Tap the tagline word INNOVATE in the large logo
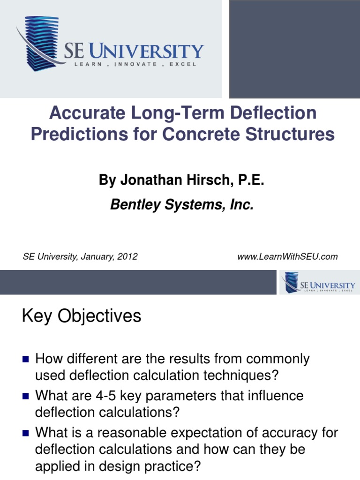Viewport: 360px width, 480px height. [136, 64]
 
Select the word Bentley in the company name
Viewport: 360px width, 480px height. [133, 205]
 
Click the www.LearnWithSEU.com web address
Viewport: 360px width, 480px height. [288, 256]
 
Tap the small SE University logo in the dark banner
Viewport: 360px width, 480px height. [317, 282]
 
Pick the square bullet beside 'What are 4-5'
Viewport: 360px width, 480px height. [26, 397]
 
